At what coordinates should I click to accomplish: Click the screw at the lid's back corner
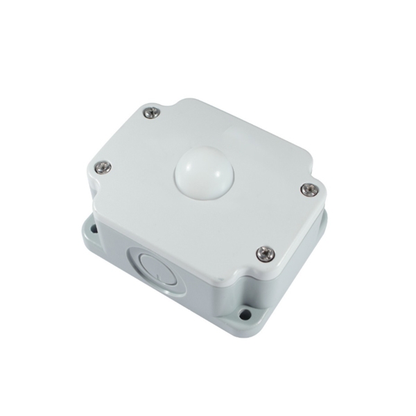click(150, 112)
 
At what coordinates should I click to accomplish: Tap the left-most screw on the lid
click(102, 166)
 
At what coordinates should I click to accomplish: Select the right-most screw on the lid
click(309, 189)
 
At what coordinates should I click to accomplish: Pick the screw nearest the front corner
click(263, 254)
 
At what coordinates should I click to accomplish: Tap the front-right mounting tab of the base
click(246, 313)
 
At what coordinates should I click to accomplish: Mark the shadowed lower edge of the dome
click(201, 191)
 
